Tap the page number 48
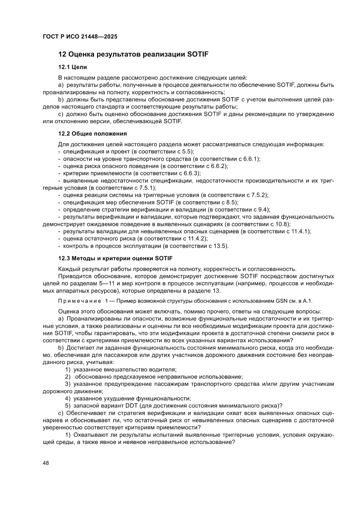[x=46, y=463]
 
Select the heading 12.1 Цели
[x=73, y=67]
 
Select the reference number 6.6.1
[x=252, y=158]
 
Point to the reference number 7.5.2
[x=260, y=196]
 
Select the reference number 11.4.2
[x=199, y=239]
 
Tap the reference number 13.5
[x=219, y=246]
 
